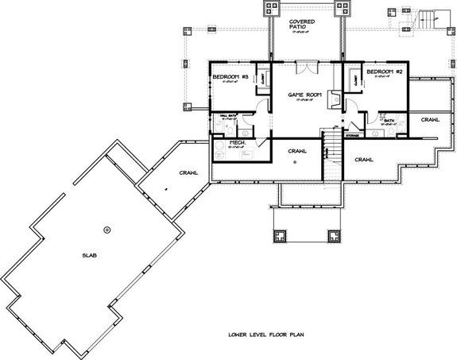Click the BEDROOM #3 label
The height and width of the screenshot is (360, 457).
click(x=230, y=75)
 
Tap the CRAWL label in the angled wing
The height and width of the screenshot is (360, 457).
click(x=188, y=172)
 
